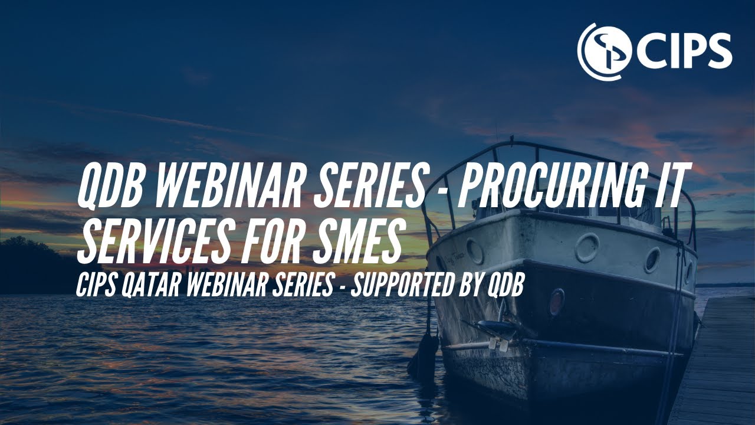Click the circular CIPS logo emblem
601,51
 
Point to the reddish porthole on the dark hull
556,302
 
